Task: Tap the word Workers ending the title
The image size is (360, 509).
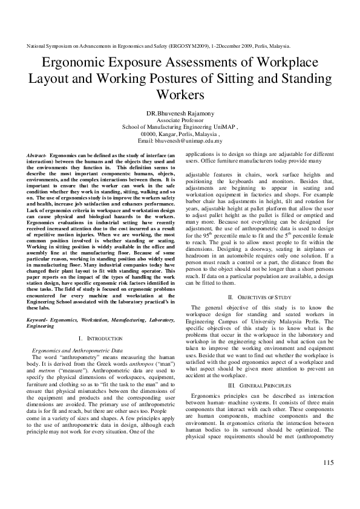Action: click(180, 94)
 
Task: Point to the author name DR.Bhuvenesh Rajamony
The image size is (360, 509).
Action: click(180, 113)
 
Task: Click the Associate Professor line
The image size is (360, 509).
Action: click(180, 120)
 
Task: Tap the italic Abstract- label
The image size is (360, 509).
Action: click(37, 155)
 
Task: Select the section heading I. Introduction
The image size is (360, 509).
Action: click(100, 339)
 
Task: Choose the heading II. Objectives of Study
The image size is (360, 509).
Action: click(260, 297)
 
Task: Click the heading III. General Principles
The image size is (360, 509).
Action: click(260, 384)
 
